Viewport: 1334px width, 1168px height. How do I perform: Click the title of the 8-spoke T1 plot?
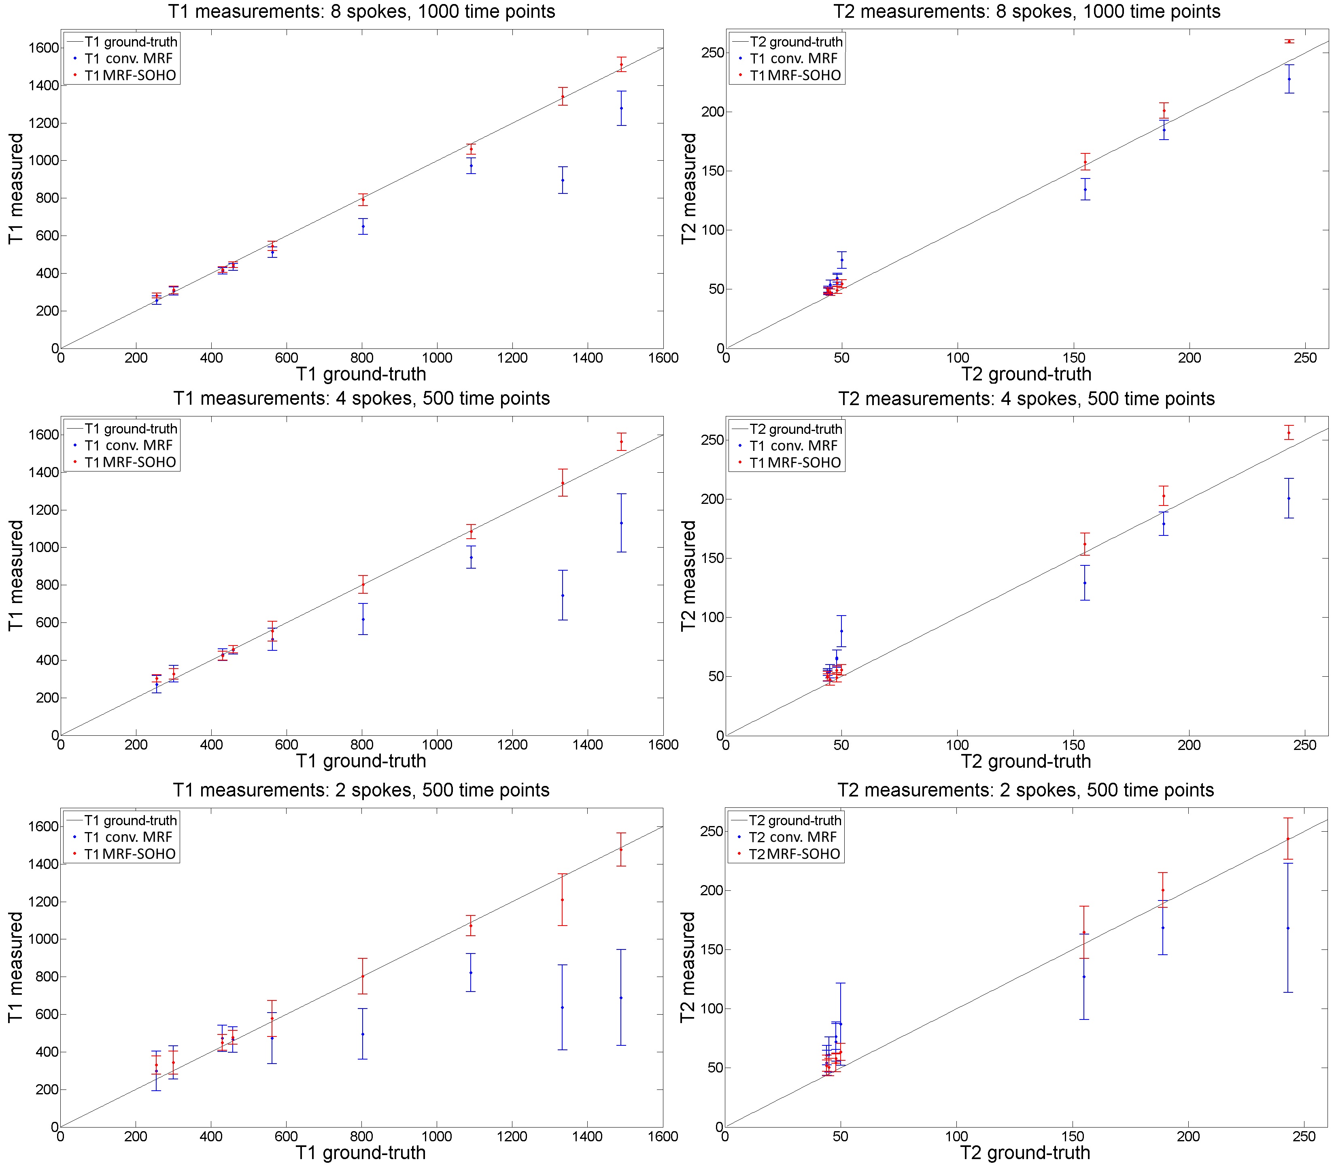pos(362,12)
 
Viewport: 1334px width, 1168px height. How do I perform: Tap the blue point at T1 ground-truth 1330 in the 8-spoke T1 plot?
pos(563,180)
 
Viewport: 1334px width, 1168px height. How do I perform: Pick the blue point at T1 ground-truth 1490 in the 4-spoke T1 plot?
pos(621,523)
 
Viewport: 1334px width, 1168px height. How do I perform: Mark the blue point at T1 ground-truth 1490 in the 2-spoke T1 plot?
pos(620,997)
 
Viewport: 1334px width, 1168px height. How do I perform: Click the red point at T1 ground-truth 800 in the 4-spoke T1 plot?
pos(363,585)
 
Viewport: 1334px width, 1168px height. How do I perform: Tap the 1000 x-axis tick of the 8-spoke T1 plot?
pos(437,358)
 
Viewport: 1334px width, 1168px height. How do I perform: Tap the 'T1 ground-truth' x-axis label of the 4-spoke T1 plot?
pos(361,760)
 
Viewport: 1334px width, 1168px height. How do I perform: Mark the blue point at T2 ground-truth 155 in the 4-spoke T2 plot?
pos(1084,583)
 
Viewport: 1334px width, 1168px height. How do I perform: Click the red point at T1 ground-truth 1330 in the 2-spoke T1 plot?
pos(562,900)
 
